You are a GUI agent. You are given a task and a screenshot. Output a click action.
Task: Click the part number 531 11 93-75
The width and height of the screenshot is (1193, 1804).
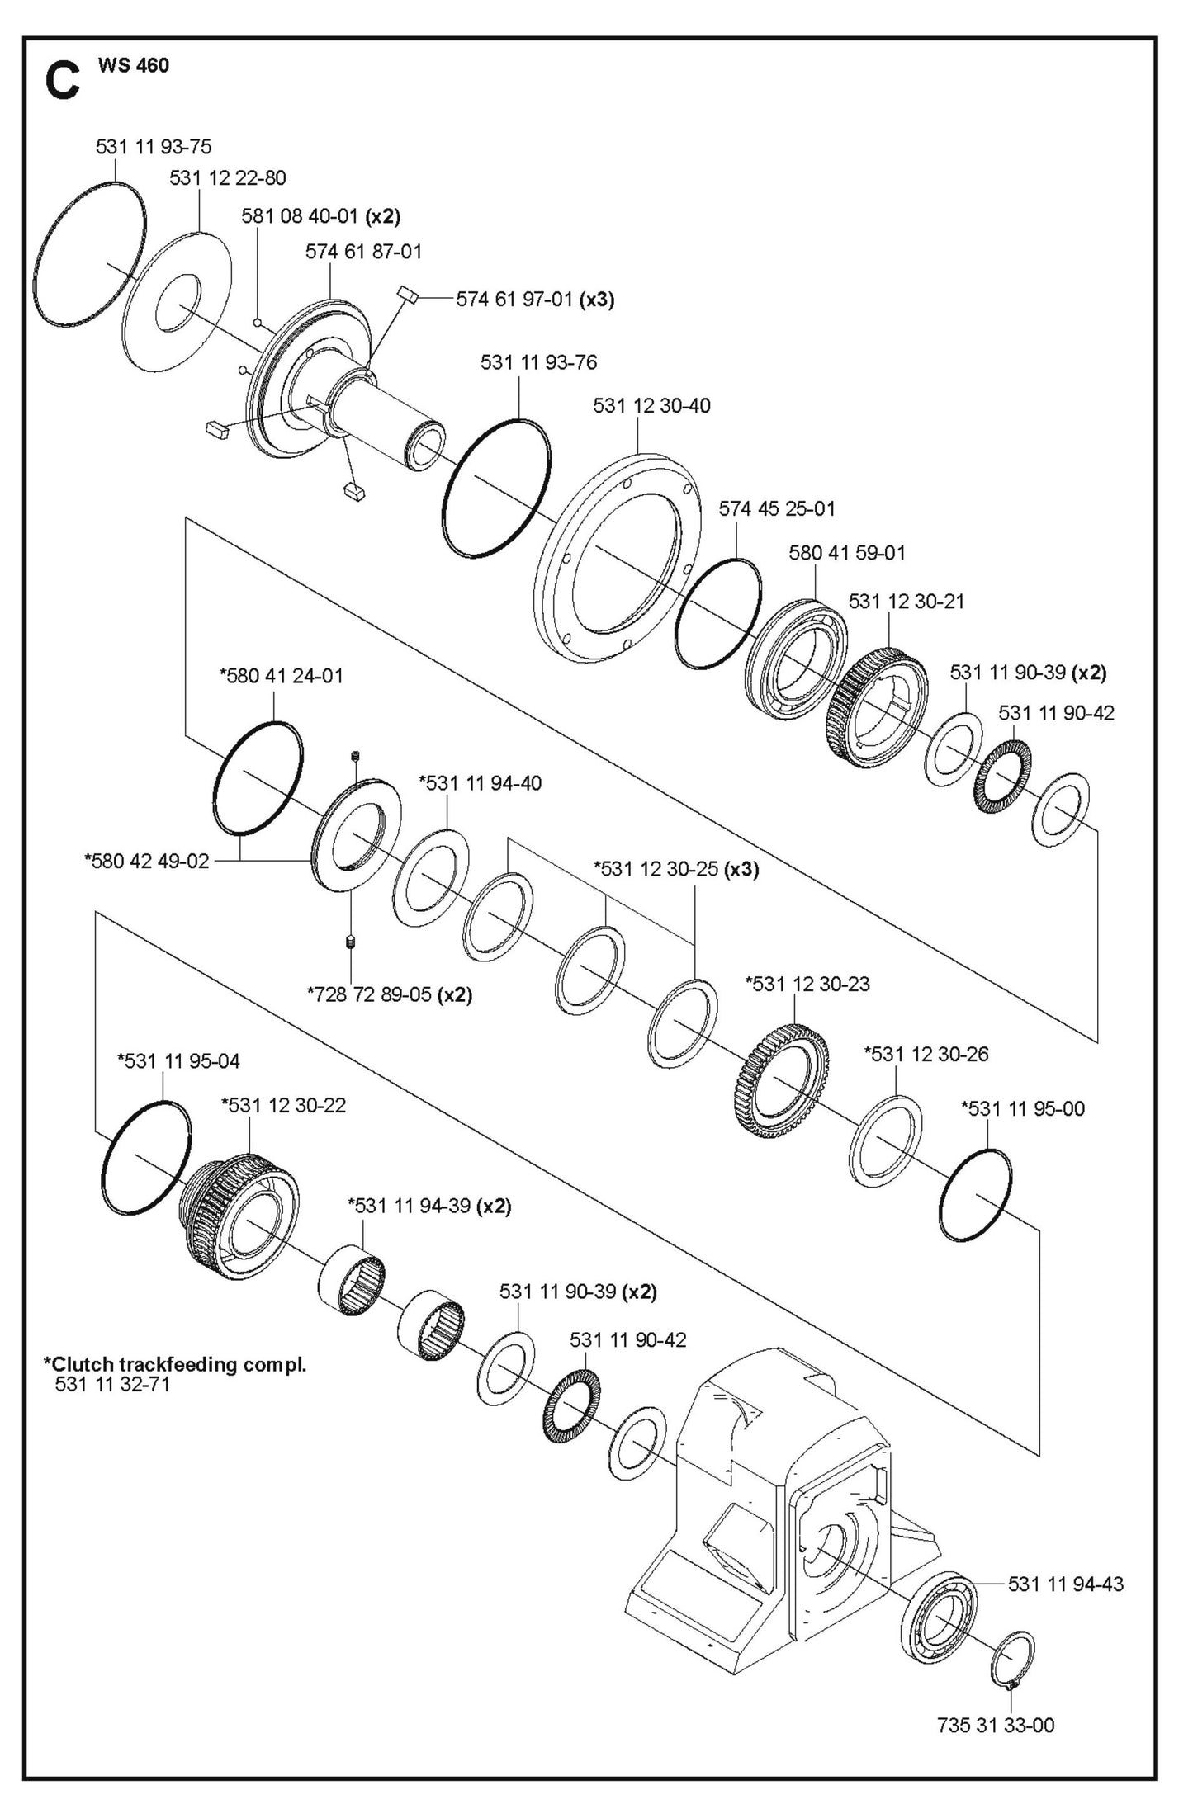pyautogui.click(x=154, y=147)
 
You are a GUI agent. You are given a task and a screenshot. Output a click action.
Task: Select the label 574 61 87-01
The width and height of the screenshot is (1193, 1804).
pyautogui.click(x=363, y=252)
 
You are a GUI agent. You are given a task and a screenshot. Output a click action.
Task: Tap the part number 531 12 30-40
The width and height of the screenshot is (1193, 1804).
pyautogui.click(x=651, y=406)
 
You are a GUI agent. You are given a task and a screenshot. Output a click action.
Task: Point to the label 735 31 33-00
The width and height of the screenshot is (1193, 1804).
pyautogui.click(x=996, y=1725)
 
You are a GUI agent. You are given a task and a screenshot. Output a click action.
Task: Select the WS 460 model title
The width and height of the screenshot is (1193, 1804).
pyautogui.click(x=133, y=66)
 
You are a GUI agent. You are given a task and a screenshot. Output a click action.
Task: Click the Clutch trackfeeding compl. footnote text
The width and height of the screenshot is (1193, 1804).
pyautogui.click(x=175, y=1364)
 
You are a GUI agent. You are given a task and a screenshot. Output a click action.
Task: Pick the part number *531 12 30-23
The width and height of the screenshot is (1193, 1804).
pyautogui.click(x=807, y=984)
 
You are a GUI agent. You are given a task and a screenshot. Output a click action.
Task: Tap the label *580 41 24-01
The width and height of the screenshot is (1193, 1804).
pyautogui.click(x=281, y=676)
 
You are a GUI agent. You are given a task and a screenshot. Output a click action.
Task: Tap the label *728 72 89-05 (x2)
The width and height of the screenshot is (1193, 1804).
pyautogui.click(x=389, y=995)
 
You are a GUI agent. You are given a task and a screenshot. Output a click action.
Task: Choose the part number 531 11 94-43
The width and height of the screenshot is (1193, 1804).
pyautogui.click(x=1065, y=1584)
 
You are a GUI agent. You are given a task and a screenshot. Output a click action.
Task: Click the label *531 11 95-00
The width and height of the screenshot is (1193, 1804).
pyautogui.click(x=1023, y=1108)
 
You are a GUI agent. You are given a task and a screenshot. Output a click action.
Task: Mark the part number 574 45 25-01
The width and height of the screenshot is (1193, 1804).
pyautogui.click(x=777, y=509)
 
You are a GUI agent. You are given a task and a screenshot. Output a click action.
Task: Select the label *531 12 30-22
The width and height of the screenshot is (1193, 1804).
pyautogui.click(x=283, y=1105)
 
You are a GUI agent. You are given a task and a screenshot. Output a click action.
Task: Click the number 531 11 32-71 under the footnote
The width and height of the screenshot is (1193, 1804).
pyautogui.click(x=112, y=1384)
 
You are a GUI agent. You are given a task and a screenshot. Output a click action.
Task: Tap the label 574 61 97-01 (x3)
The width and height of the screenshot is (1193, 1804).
pyautogui.click(x=535, y=299)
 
